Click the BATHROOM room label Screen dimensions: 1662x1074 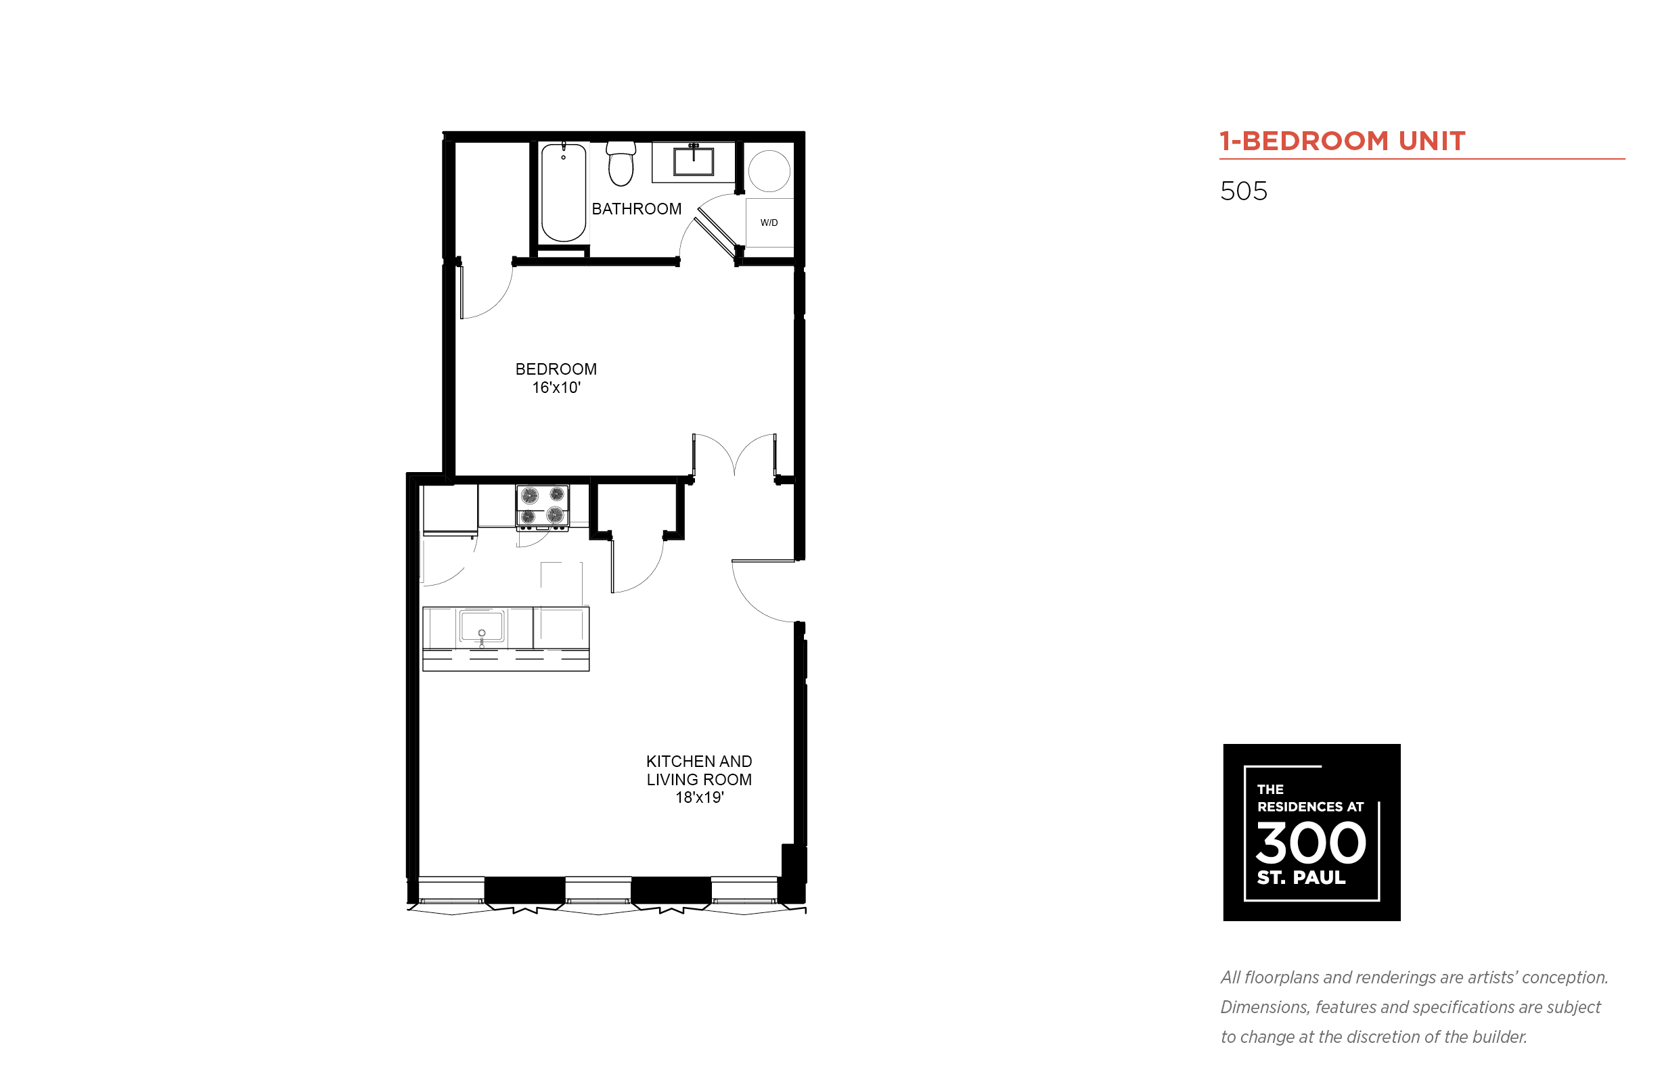click(635, 209)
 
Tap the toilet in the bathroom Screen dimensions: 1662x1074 click(621, 164)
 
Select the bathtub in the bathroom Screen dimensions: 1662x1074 click(563, 192)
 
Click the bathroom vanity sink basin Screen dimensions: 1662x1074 click(693, 161)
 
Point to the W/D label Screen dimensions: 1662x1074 click(769, 223)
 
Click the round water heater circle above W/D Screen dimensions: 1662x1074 click(769, 171)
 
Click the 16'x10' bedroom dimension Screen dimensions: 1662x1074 click(556, 388)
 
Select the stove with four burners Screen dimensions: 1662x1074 click(542, 507)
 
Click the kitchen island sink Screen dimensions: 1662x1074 click(481, 626)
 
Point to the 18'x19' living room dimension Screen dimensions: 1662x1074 click(699, 798)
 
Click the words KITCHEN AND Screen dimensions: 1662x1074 click(699, 762)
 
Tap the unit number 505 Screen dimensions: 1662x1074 click(1243, 191)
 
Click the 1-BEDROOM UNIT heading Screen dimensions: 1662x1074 click(1343, 141)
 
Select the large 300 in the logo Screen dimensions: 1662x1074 click(1310, 843)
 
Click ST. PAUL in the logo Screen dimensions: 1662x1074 click(1301, 877)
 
